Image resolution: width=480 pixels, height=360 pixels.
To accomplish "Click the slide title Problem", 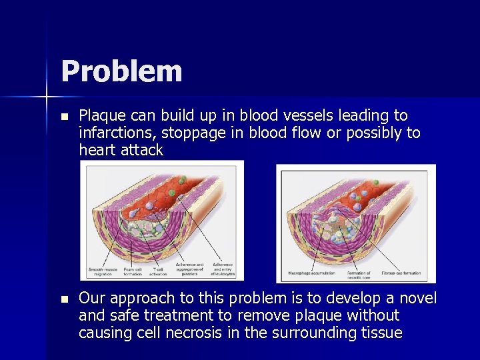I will pyautogui.click(x=121, y=71).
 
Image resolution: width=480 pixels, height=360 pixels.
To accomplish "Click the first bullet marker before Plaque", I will pyautogui.click(x=64, y=116).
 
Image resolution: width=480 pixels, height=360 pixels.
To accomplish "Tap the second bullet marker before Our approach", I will pyautogui.click(x=64, y=299).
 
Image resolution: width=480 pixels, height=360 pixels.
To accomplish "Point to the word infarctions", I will pyautogui.click(x=117, y=133).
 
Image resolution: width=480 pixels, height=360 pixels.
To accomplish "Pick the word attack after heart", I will pyautogui.click(x=141, y=150).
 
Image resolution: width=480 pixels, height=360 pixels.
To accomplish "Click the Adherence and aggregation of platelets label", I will pyautogui.click(x=191, y=269).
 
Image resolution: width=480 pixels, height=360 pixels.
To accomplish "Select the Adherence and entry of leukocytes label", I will pyautogui.click(x=223, y=269).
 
